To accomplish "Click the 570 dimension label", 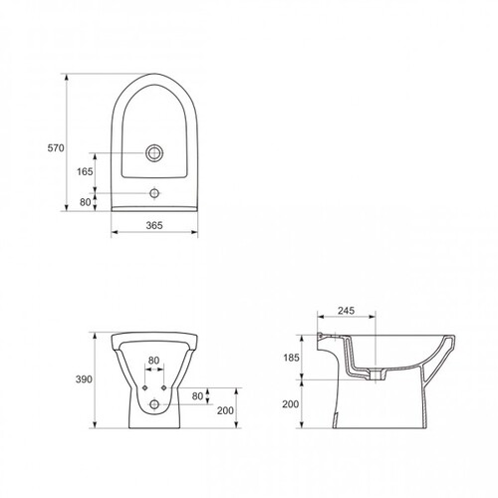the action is point(56,147).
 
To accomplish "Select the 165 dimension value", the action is point(85,171).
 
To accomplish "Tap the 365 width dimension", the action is point(154,225).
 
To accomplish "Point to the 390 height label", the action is point(84,379).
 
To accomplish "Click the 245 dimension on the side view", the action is point(347,311).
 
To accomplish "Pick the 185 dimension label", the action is point(291,358).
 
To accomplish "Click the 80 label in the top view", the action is point(85,202).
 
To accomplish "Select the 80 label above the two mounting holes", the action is point(153,361).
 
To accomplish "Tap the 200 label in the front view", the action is point(225,410).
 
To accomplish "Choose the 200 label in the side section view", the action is point(291,404).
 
